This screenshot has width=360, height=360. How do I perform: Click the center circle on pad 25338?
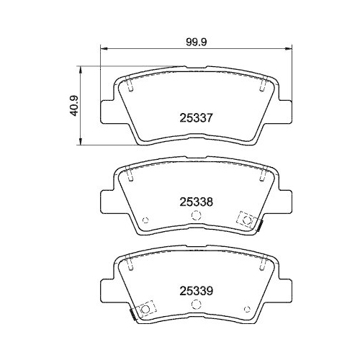pos(194,216)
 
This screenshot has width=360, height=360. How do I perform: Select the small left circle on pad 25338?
pos(145,221)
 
